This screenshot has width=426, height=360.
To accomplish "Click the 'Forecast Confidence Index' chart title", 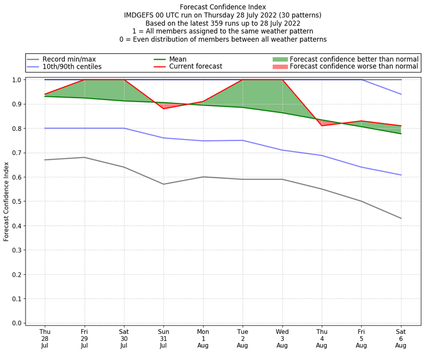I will click(x=223, y=7).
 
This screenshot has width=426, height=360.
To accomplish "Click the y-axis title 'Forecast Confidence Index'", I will click(x=6, y=201).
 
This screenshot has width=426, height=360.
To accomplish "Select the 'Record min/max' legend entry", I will click(x=69, y=59).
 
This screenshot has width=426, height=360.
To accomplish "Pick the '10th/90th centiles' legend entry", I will click(x=72, y=67).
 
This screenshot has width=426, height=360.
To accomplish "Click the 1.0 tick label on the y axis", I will click(x=16, y=80).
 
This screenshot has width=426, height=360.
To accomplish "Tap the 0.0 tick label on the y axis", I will click(x=16, y=323).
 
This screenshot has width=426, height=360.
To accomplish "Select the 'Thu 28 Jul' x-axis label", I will click(x=45, y=339).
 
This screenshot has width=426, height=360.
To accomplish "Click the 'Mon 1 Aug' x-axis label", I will click(x=203, y=339).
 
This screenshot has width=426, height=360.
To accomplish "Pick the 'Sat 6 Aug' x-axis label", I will click(x=401, y=339).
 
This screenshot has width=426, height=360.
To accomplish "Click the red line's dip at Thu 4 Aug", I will click(x=322, y=126).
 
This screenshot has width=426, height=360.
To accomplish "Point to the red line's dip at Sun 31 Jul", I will click(x=163, y=109).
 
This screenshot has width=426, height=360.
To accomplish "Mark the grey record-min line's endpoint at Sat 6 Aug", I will click(x=401, y=218).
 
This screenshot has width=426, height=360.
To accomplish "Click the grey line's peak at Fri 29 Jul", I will click(x=84, y=157).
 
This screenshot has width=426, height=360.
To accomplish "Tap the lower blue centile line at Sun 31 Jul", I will click(x=163, y=138).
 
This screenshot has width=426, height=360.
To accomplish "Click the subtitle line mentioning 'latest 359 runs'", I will click(x=223, y=23).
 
